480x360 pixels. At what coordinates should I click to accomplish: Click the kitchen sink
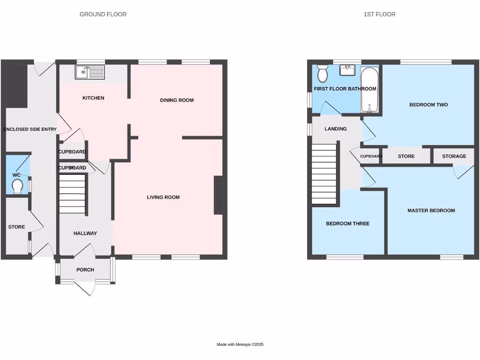[x=90, y=73]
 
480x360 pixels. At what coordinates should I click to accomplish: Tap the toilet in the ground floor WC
[x=18, y=187]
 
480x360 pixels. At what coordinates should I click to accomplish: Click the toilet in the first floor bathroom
[x=322, y=74]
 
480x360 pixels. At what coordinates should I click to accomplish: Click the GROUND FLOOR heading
[x=103, y=15]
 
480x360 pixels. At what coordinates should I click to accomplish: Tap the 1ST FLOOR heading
[x=379, y=15]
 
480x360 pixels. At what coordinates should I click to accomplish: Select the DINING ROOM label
[x=177, y=100]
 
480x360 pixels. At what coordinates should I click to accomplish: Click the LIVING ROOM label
[x=163, y=197]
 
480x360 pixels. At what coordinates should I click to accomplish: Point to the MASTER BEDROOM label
[x=431, y=211]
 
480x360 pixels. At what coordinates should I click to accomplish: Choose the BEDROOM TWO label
[x=428, y=105]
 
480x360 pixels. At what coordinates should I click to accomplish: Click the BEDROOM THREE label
[x=347, y=224]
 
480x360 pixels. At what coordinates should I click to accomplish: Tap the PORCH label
[x=85, y=270]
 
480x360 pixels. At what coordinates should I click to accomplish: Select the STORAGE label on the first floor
[x=454, y=157]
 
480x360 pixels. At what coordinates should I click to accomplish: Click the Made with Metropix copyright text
[x=240, y=345]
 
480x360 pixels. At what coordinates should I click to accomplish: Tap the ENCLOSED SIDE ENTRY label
[x=30, y=129]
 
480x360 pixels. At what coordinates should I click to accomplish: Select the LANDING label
[x=336, y=129]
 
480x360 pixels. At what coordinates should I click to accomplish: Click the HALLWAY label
[x=85, y=233]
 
